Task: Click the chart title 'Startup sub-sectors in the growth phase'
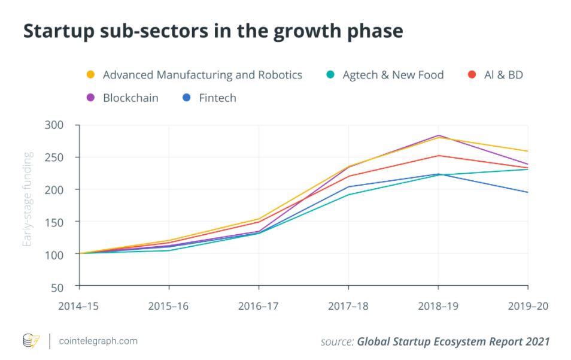click(x=212, y=32)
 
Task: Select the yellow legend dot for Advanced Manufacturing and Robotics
click(x=90, y=75)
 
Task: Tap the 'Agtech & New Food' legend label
click(x=393, y=75)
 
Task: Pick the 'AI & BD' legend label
click(x=503, y=75)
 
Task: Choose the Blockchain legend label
click(x=130, y=98)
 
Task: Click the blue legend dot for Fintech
click(x=186, y=98)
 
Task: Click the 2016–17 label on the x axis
click(x=259, y=305)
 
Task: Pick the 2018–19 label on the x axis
click(x=438, y=305)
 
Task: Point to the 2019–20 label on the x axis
click(x=527, y=305)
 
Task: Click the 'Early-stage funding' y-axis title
click(x=28, y=199)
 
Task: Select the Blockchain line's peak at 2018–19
click(x=438, y=135)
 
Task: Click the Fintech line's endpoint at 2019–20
click(x=528, y=192)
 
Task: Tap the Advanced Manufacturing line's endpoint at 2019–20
click(x=528, y=151)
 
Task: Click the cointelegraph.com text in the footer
click(x=99, y=341)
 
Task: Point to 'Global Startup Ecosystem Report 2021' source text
click(x=453, y=341)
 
